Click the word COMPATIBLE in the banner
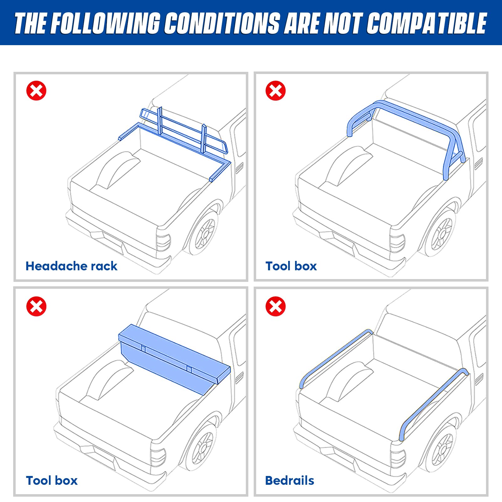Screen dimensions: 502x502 (x=426, y=24)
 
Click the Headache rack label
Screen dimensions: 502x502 (x=71, y=266)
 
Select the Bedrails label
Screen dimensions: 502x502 (x=289, y=481)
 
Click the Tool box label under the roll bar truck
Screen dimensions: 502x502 (x=291, y=266)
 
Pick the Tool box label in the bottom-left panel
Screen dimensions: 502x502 (x=52, y=481)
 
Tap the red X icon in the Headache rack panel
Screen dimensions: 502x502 (x=36, y=91)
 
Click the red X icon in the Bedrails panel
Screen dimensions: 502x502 (x=276, y=306)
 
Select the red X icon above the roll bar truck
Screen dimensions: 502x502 (x=276, y=91)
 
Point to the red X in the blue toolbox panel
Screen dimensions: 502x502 (x=36, y=306)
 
